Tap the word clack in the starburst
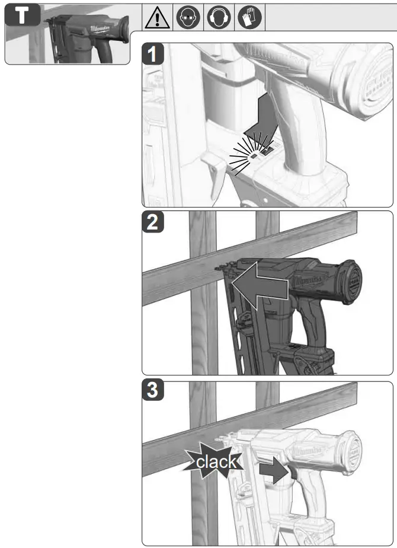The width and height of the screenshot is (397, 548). pyautogui.click(x=216, y=462)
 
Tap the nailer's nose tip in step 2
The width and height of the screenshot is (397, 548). pyautogui.click(x=218, y=267)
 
